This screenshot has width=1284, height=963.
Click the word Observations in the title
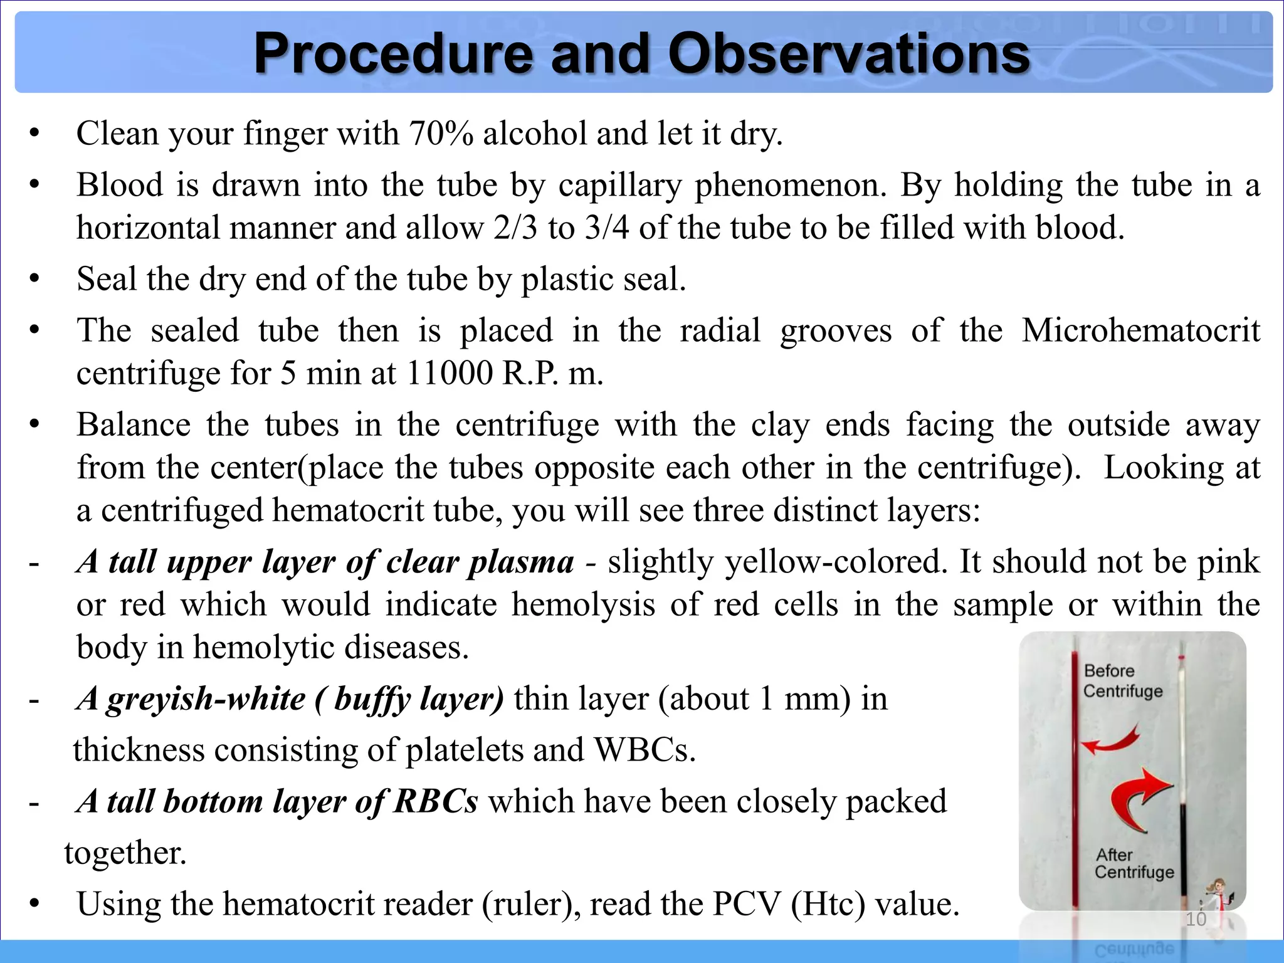(849, 54)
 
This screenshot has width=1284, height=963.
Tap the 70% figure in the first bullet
(441, 134)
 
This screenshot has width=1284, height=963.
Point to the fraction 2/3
(515, 228)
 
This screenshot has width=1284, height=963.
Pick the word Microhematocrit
(1140, 330)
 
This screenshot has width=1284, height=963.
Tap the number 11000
(450, 374)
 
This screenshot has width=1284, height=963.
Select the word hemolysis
(583, 605)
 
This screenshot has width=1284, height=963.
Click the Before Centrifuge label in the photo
(1122, 681)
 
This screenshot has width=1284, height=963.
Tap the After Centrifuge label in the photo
(1134, 863)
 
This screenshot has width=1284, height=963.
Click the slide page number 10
(1196, 919)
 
